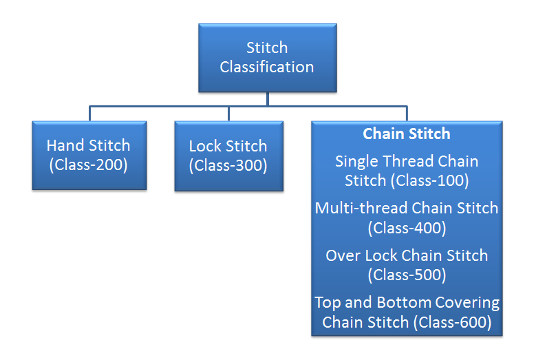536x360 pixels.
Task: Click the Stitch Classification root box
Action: coord(268,58)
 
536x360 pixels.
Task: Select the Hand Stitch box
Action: coord(88,156)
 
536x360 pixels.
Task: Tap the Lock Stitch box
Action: coord(228,156)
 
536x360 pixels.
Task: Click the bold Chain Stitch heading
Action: coord(407,134)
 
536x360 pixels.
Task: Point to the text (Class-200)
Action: coord(88,166)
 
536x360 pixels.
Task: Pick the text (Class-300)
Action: coord(228,166)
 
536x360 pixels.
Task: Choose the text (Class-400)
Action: coord(407,227)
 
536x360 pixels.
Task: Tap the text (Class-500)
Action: coord(407,275)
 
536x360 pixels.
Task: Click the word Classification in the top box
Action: coord(267,67)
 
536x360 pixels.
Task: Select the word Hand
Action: coord(64,146)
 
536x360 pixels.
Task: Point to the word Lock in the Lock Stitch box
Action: coord(204,146)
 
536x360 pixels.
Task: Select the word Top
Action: coord(327,302)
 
